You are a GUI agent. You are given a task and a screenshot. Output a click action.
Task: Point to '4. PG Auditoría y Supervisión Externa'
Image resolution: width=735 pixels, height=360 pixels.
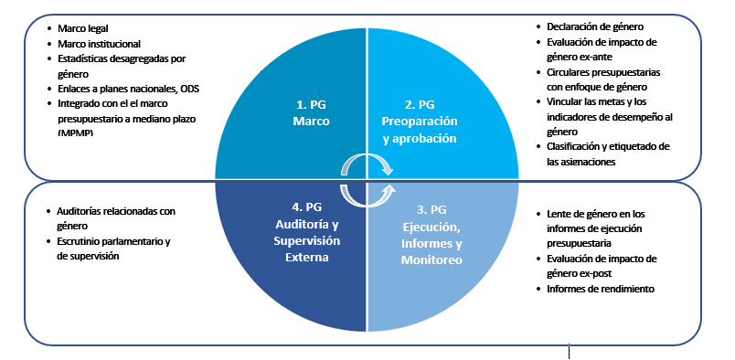[x=307, y=232]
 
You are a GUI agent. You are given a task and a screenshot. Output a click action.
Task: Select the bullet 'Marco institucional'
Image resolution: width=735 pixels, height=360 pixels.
[x=99, y=43]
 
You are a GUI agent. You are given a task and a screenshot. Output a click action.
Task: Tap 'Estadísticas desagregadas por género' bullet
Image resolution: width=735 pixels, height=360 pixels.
[x=121, y=66]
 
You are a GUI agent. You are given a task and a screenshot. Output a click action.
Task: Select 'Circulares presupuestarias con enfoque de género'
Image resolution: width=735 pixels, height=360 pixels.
[x=604, y=79]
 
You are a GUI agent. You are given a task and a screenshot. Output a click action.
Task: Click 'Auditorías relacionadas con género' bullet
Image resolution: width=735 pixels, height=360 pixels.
[x=114, y=217]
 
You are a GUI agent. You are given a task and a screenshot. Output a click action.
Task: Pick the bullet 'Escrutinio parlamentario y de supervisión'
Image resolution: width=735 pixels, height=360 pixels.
[x=114, y=248]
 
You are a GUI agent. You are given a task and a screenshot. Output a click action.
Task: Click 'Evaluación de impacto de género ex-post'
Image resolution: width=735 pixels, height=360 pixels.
[x=600, y=266]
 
